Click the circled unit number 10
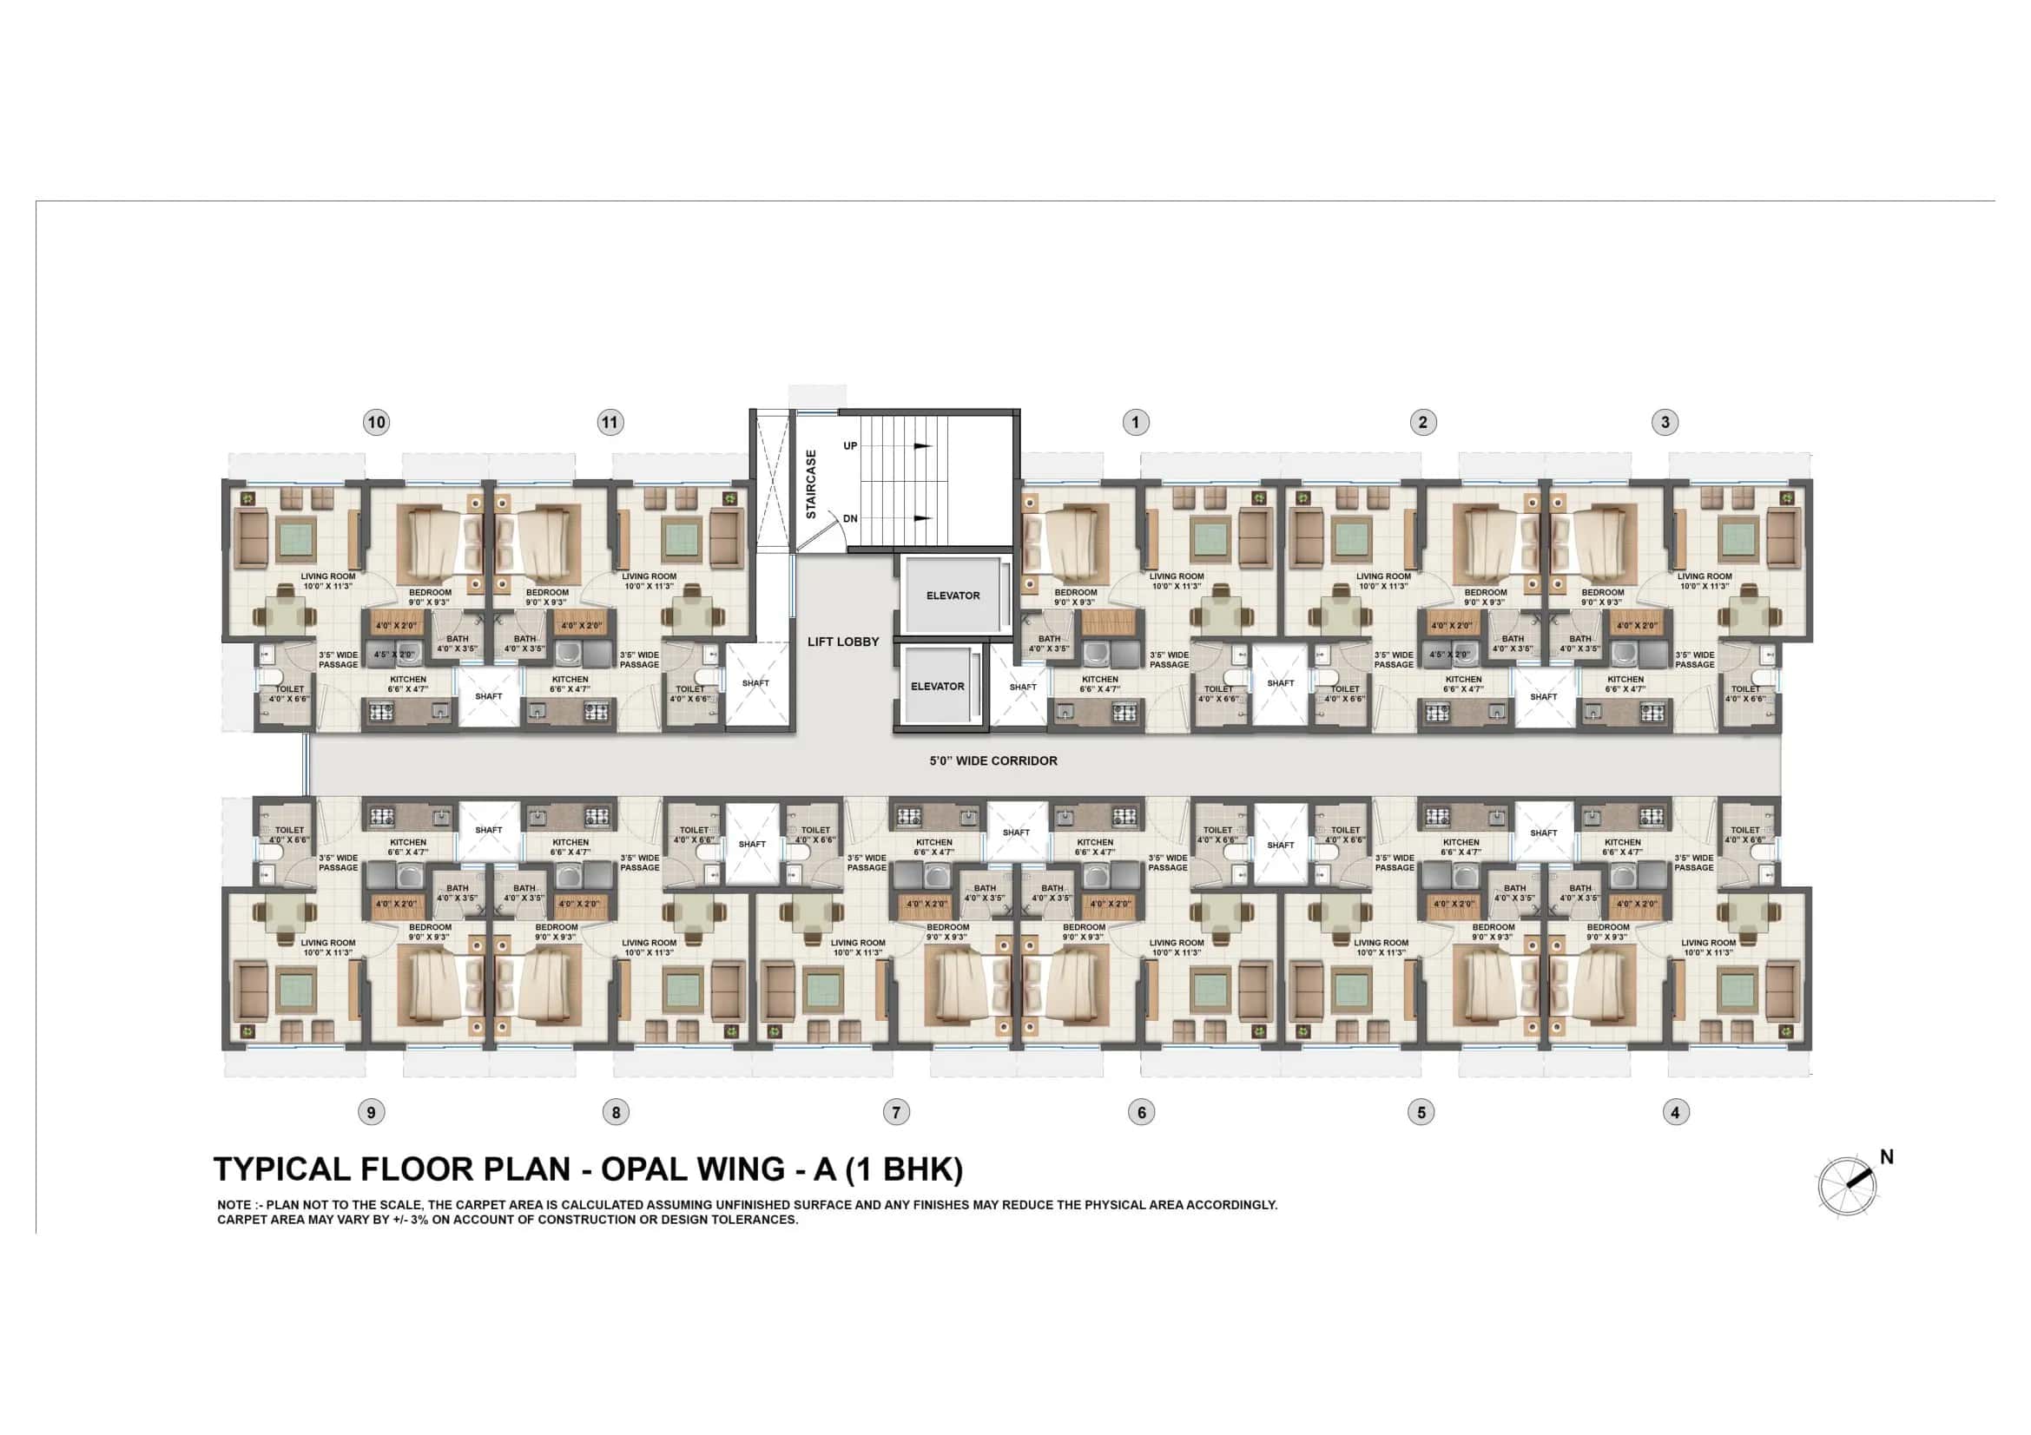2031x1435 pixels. point(376,423)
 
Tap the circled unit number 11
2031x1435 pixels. point(610,423)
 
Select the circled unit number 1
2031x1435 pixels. point(1136,423)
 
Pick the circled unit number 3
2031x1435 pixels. point(1665,423)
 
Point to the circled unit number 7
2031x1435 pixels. point(896,1112)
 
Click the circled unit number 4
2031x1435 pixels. point(1674,1112)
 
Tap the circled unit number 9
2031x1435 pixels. point(371,1112)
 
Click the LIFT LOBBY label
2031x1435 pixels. point(843,642)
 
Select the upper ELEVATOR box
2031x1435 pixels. point(953,596)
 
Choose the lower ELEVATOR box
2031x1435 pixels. point(938,686)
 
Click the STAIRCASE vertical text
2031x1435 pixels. point(811,484)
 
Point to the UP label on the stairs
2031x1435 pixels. point(850,445)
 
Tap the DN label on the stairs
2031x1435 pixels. point(850,519)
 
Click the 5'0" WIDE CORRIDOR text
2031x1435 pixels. point(993,760)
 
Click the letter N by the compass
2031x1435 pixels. point(1886,1157)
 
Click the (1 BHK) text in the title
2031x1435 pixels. point(904,1168)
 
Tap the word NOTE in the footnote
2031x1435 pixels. point(235,1205)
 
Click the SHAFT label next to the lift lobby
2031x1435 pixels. point(755,683)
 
